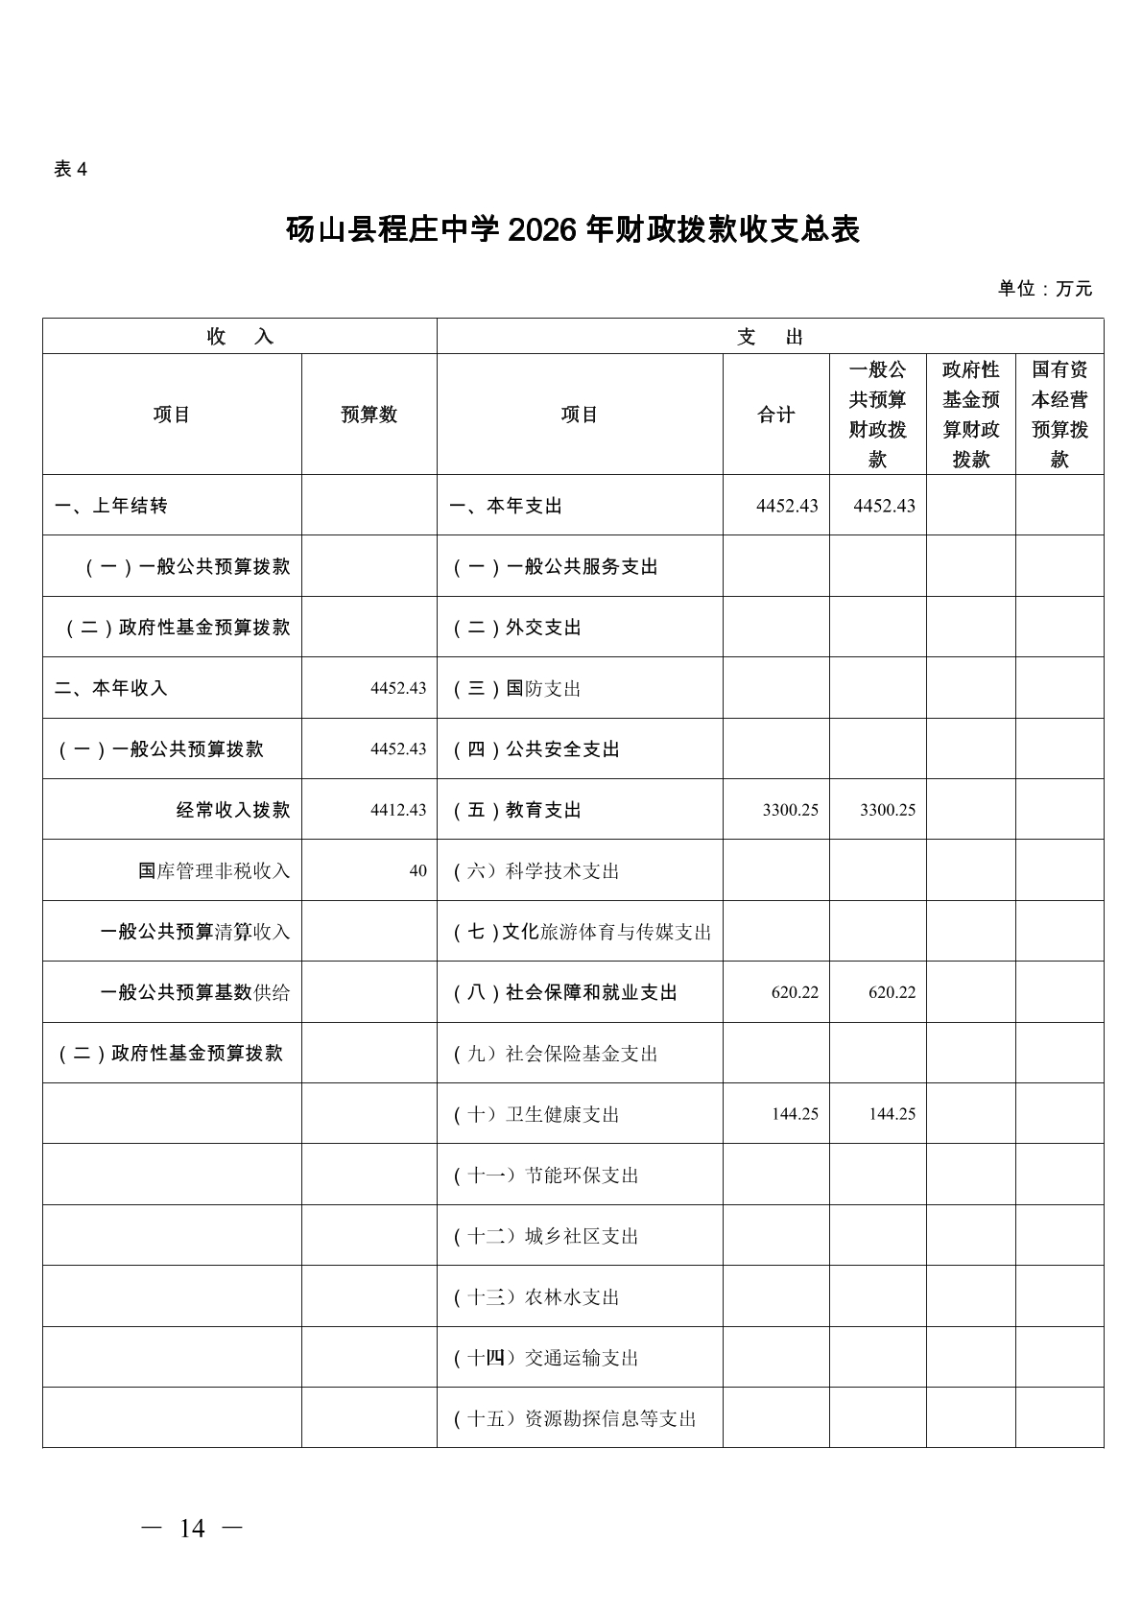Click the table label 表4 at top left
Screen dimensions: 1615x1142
click(70, 170)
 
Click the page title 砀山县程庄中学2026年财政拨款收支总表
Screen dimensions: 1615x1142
click(572, 230)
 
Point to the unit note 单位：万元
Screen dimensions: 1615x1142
click(1044, 289)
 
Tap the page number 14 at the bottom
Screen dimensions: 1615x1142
click(192, 1529)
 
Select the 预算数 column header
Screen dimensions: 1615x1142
click(369, 415)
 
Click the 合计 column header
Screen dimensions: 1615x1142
click(775, 415)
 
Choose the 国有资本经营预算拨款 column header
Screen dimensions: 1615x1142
click(1059, 415)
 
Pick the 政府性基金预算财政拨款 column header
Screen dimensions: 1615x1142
click(970, 415)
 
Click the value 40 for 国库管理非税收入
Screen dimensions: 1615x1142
click(417, 871)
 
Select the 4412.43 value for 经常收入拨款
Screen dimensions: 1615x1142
click(398, 810)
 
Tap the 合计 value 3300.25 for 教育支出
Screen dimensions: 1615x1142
click(791, 810)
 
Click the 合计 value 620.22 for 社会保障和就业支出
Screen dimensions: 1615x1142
click(795, 992)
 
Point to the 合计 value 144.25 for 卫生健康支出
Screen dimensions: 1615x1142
click(795, 1114)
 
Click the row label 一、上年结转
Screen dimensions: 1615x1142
click(111, 506)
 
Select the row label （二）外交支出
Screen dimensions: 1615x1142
click(517, 628)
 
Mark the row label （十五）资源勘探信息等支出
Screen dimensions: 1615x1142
click(575, 1418)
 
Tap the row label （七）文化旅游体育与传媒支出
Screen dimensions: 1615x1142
click(582, 932)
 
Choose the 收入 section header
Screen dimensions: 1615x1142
click(240, 337)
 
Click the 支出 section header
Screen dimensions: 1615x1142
click(770, 337)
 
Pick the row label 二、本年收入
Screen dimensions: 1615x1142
click(111, 688)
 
